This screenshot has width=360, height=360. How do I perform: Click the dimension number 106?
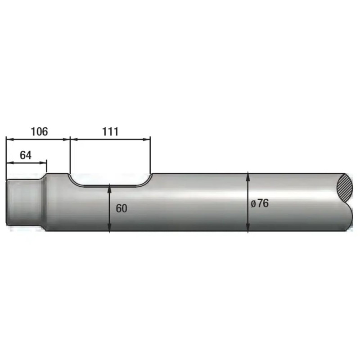tap(39, 131)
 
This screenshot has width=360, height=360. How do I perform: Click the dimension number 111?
tap(110, 131)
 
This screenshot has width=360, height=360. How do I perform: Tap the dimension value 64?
tap(26, 155)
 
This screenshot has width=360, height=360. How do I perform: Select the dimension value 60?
tap(121, 208)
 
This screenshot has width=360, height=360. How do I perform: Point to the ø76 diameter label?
tap(260, 203)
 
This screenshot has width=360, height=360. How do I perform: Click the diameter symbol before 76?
tap(253, 204)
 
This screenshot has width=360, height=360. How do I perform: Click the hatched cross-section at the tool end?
tap(344, 188)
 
